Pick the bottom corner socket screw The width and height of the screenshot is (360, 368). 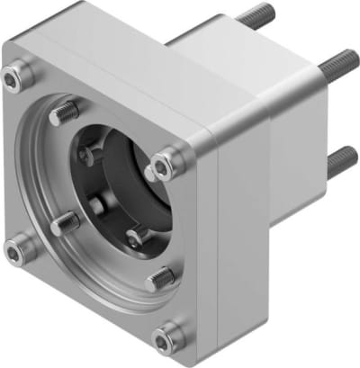click(x=165, y=339)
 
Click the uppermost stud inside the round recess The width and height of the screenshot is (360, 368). click(x=64, y=113)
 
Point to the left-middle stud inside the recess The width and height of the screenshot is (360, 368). click(x=65, y=223)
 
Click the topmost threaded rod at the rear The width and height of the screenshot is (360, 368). click(x=257, y=17)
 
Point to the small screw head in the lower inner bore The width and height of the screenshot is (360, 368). click(x=135, y=237)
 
